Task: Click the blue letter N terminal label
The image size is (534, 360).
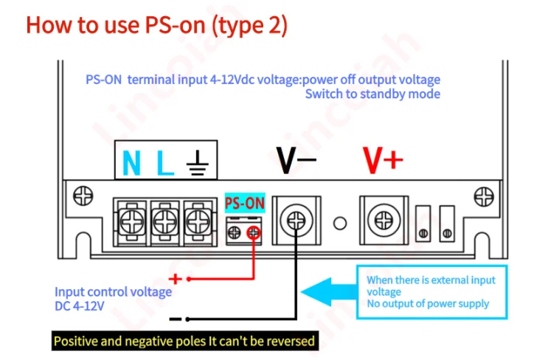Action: point(131,163)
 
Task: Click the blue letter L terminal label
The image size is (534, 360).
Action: point(165,163)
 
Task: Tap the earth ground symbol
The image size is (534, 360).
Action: point(198,163)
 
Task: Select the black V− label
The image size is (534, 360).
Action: point(296,160)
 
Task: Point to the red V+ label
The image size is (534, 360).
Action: point(383,160)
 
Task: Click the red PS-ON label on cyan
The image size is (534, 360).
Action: point(245,204)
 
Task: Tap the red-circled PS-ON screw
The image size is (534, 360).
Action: point(254,233)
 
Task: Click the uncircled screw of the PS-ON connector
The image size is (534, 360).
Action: point(235,233)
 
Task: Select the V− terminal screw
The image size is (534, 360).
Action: point(297,221)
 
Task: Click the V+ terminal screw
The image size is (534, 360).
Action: point(384,220)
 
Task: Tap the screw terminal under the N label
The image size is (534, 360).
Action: point(132,222)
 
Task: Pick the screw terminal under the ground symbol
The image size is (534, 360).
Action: point(198,222)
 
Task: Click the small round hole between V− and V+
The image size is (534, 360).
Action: point(340,224)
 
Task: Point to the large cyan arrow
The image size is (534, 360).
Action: point(329,292)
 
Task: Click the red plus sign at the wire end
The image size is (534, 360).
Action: point(176,279)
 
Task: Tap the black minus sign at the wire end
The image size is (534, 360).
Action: point(176,319)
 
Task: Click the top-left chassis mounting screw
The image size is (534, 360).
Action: point(83,195)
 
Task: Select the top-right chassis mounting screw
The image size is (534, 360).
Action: point(484,196)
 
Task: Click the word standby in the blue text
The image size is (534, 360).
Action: point(383,94)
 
